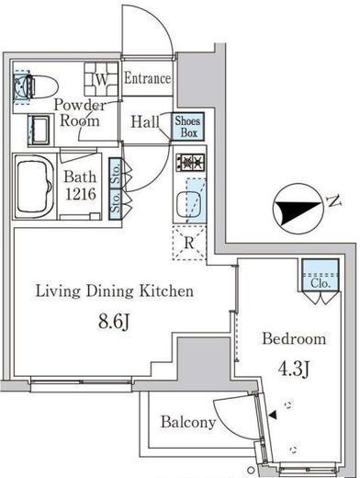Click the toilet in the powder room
coord(37,86)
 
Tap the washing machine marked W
coord(101,79)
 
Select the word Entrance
coord(147,78)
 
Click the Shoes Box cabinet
coord(187,127)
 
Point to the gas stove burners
coord(190,162)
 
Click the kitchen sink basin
coord(189,204)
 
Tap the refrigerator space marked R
coord(189,243)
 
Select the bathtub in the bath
coord(34,187)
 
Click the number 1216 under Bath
coord(81,194)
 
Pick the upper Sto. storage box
coord(116,173)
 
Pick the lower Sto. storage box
coord(116,204)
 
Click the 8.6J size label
coord(114,323)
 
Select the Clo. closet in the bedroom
coord(321,275)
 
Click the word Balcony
coord(188,422)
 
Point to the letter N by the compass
coord(334,201)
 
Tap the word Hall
coord(145,122)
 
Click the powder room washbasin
coord(39,131)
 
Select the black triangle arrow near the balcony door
coord(273,415)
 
